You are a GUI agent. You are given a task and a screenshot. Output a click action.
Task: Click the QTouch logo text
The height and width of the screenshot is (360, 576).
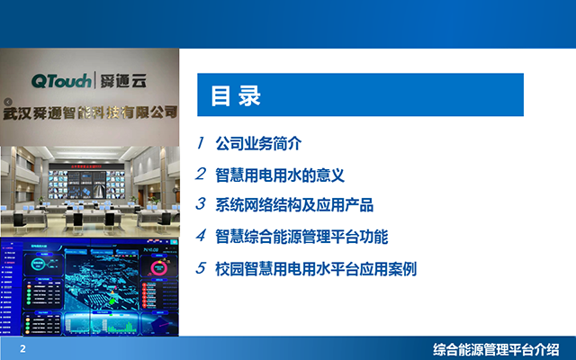[x=60, y=82]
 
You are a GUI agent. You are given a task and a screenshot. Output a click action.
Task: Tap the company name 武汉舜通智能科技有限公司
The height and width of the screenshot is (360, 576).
[x=90, y=112]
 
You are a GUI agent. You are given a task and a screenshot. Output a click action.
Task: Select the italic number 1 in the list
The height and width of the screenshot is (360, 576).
[x=202, y=143]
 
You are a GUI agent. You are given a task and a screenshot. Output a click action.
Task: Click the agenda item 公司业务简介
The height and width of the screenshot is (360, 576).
[x=256, y=143]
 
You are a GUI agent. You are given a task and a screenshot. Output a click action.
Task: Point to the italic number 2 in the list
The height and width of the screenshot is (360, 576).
[x=202, y=174]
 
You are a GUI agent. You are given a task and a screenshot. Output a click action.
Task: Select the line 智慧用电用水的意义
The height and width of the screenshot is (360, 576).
[x=281, y=174]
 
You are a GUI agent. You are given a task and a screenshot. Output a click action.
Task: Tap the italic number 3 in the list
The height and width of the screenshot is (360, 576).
[x=202, y=205]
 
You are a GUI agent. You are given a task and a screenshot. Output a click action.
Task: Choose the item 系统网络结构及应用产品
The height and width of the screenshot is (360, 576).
[x=294, y=205]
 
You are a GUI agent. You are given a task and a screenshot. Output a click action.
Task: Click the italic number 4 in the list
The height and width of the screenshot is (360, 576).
[x=202, y=237]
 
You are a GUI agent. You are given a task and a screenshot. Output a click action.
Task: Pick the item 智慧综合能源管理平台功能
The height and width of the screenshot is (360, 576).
[x=301, y=237]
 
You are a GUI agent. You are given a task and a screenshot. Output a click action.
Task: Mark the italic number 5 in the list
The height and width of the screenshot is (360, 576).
[x=202, y=268]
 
